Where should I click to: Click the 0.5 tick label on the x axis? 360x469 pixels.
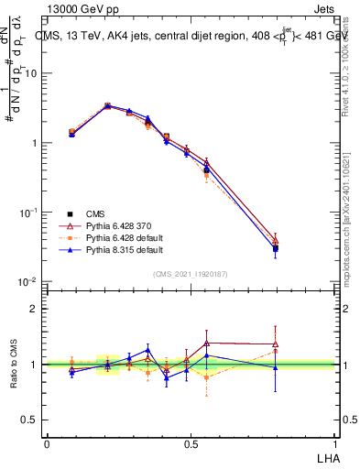(190, 443)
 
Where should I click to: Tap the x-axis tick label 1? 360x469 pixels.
(333, 443)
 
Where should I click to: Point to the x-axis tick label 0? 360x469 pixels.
(47, 443)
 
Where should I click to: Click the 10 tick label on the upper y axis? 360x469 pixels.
(31, 73)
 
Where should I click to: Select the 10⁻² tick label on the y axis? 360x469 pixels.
(29, 281)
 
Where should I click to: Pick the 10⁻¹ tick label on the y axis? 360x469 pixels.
(29, 212)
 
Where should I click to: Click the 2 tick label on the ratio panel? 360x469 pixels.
(36, 309)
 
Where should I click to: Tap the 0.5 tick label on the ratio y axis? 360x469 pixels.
(32, 420)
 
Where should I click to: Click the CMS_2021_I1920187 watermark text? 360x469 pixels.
(190, 272)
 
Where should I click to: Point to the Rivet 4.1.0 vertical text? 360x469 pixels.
(352, 64)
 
